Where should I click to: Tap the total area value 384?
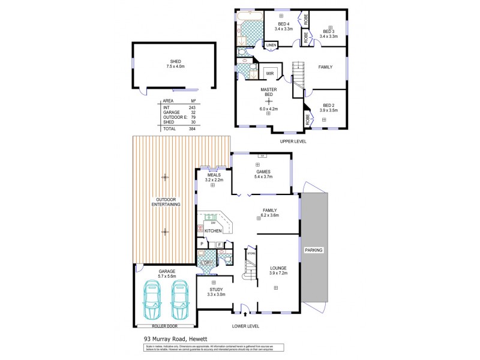pos(193,128)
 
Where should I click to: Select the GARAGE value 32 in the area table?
pos(194,112)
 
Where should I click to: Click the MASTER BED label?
pos(268,92)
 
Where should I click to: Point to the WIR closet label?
pos(270,73)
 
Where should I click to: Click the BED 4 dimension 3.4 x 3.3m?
pos(283,28)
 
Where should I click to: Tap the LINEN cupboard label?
pos(271,45)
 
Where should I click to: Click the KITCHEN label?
pos(214,230)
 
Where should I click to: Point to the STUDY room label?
pos(214,289)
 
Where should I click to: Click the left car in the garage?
pos(150,302)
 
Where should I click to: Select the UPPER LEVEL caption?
pos(293,141)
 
